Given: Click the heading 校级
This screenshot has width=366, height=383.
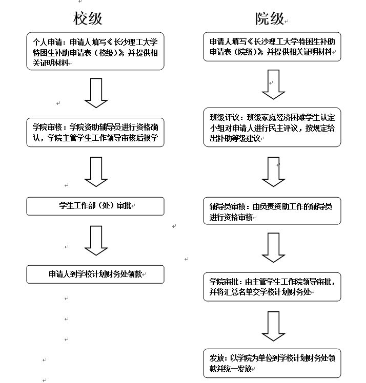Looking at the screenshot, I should (88, 18).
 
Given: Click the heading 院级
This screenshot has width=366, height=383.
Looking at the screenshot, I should (270, 18).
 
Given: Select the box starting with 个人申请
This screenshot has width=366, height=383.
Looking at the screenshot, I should (95, 51).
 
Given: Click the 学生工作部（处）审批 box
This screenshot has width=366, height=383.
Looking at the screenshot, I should (95, 206).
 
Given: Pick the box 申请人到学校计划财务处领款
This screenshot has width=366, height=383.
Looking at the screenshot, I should (95, 274).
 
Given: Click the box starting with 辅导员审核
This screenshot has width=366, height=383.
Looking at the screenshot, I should (272, 211).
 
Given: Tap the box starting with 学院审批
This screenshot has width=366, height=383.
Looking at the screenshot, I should (272, 287).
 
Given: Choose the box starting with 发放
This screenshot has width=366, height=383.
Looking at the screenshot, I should (272, 363).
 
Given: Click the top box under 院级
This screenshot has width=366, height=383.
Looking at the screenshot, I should (272, 47).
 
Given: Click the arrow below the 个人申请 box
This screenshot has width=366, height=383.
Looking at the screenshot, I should (96, 93).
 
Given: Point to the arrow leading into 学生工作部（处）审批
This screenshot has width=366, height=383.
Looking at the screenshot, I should (96, 172).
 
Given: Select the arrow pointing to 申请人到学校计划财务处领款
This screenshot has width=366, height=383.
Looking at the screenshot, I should (96, 241).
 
